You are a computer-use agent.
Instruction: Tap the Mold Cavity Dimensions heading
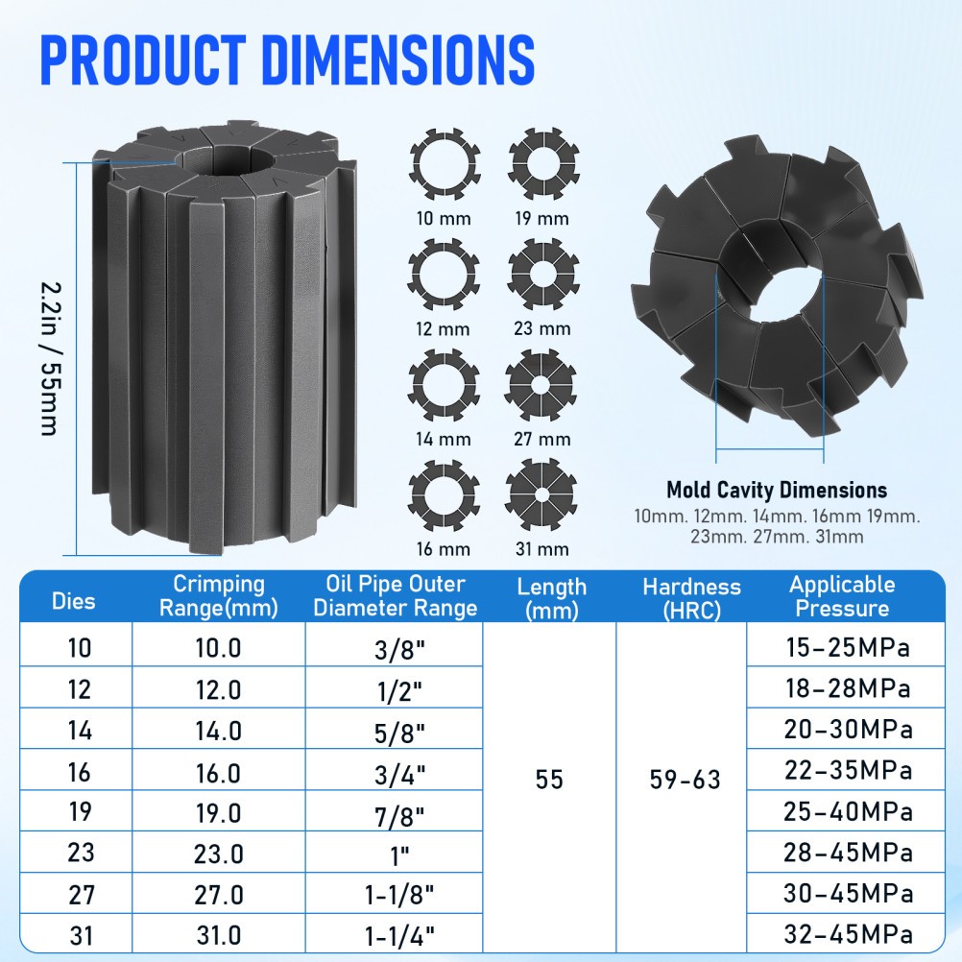(x=777, y=491)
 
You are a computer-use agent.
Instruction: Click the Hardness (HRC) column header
(x=692, y=597)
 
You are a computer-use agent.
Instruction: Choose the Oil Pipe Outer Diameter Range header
(x=395, y=596)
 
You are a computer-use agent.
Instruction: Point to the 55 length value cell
(x=550, y=780)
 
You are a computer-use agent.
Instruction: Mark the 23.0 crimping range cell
(x=218, y=853)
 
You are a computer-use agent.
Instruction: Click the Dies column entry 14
(x=81, y=730)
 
